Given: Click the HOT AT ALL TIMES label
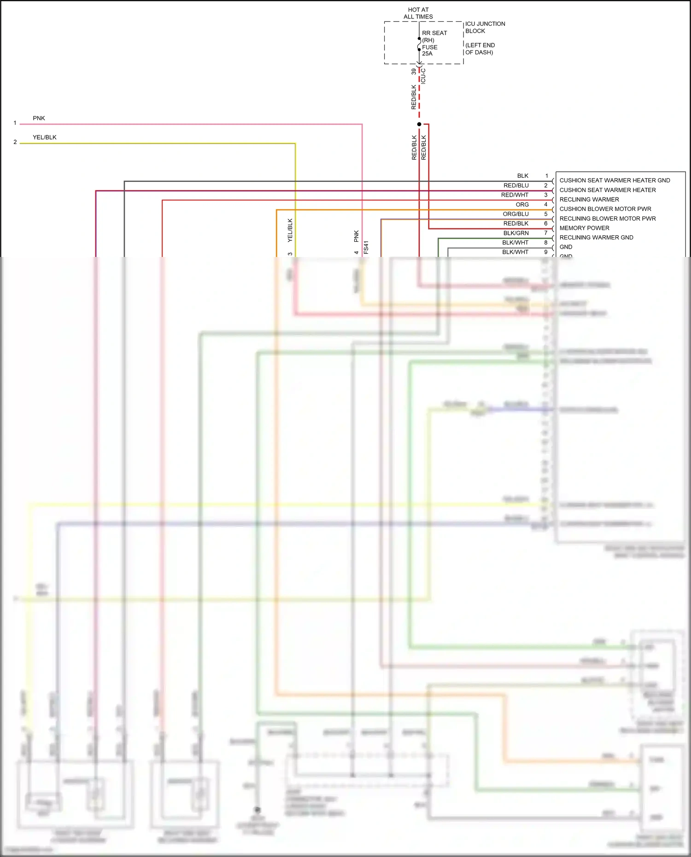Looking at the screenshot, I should coord(418,13).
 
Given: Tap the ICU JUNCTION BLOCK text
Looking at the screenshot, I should coord(485,27).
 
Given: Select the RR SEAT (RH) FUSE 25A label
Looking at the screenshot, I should coord(434,43).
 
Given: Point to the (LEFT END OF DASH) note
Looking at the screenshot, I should coord(480,49).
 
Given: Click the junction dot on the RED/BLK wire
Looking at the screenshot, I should coord(419,124).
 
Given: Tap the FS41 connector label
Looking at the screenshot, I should coord(366,247).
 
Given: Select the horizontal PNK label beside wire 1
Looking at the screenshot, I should coord(39,118).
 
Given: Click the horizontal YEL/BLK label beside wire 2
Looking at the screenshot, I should coord(45,137).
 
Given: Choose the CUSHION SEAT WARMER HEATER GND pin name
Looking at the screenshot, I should coord(615,181).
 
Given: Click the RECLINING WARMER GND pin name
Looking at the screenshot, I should coord(596,238).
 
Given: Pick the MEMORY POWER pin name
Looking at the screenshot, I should coord(584,228).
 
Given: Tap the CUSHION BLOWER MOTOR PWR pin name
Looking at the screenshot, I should coord(605,209).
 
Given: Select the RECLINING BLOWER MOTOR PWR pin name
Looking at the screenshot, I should coord(607,219).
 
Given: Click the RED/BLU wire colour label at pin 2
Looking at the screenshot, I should coord(516,186).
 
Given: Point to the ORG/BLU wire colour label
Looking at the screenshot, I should coord(515,214).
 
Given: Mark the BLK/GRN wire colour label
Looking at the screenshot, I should coord(515,233).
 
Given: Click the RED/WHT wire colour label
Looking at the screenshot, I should coord(515,195).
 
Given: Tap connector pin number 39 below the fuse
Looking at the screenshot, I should coord(414,72).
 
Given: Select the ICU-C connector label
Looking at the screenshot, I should coord(423,76).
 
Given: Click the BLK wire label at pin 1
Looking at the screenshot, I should coord(522,176).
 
